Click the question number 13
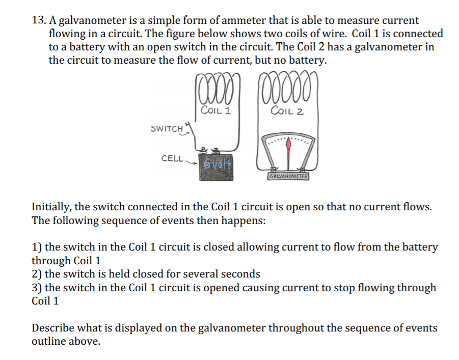coord(38,21)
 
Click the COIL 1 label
coord(216,110)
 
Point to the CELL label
coord(172,158)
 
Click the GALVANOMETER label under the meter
coord(289,176)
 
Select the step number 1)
coord(37,247)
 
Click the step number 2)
coord(37,274)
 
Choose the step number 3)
coord(37,288)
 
